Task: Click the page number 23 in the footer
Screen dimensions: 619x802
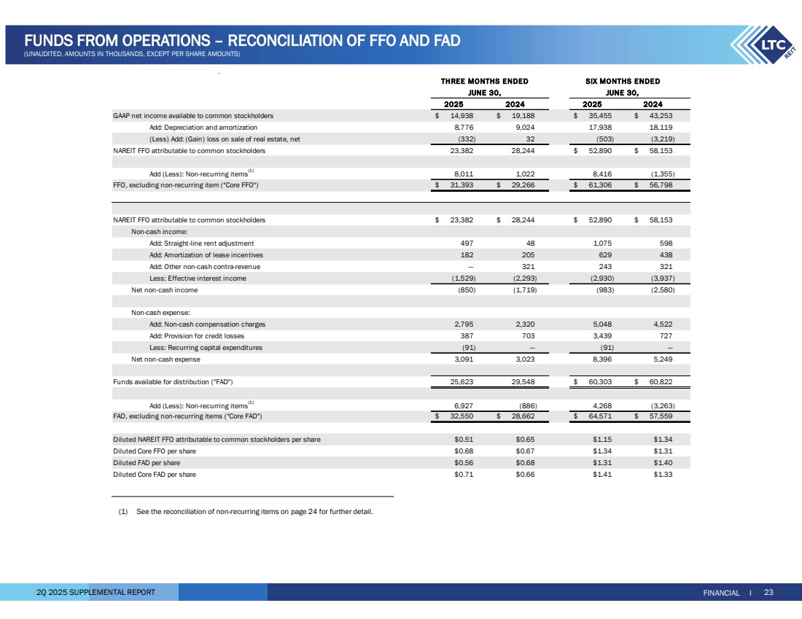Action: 768,592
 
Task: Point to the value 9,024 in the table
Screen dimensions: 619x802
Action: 523,128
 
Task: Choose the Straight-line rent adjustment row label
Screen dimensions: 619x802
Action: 202,243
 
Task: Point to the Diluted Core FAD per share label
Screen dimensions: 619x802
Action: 155,475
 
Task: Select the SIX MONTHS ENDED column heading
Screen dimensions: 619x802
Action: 623,81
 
